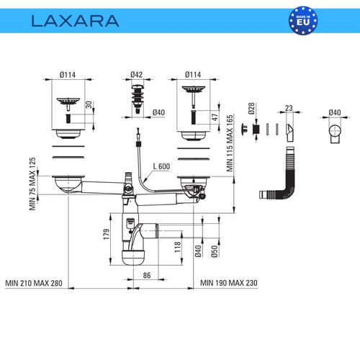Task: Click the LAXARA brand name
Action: [x=75, y=21]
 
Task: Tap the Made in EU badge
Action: [x=303, y=20]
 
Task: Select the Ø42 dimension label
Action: [x=136, y=74]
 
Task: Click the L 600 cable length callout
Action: [x=161, y=166]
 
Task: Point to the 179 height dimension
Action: [x=107, y=234]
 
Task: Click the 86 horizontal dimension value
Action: [x=147, y=275]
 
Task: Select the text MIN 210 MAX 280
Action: [x=34, y=283]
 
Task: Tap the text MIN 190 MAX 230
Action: [x=229, y=283]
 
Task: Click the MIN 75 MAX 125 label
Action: [x=32, y=184]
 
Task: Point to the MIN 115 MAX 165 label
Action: [x=230, y=143]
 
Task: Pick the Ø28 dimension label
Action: [x=251, y=109]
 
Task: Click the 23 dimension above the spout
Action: [x=289, y=108]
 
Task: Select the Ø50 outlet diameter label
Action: [x=215, y=251]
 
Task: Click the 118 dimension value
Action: [x=178, y=247]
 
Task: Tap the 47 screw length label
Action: [x=215, y=117]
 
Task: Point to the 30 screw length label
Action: [x=89, y=105]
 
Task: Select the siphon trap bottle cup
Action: [x=133, y=257]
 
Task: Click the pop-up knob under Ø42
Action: [x=138, y=99]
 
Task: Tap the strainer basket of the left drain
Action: [x=68, y=102]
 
